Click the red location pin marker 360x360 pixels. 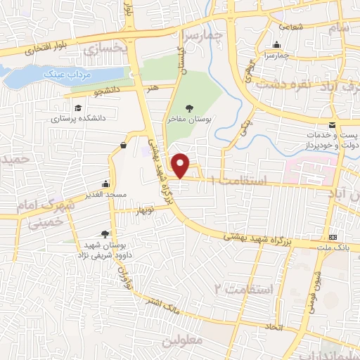point(181,165)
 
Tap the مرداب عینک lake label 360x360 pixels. point(64,73)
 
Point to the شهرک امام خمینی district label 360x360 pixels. point(35,218)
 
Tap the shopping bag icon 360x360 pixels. point(124,146)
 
